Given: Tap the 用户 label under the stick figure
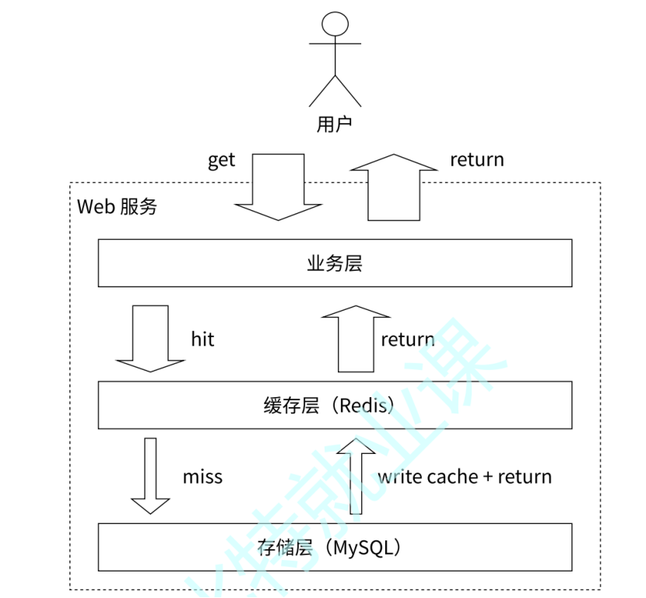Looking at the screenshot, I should (335, 125).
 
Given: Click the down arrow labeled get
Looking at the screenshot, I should (279, 187).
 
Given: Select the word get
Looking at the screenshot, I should (221, 160).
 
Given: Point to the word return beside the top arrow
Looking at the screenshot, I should (477, 160).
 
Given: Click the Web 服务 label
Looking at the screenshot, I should (118, 206).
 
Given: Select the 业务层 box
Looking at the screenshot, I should (335, 263).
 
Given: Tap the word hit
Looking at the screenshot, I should (202, 339).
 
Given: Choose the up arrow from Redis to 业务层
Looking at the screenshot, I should (356, 339).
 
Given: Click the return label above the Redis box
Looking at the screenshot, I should (408, 339).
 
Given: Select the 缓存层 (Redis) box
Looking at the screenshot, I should (335, 405).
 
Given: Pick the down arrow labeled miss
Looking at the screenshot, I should (150, 475).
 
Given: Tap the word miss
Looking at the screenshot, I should (202, 477).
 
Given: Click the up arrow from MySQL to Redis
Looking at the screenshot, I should (356, 475).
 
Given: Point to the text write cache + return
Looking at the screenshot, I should (465, 477).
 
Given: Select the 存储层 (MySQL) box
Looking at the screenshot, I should (335, 547).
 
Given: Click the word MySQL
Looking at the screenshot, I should (366, 547).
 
